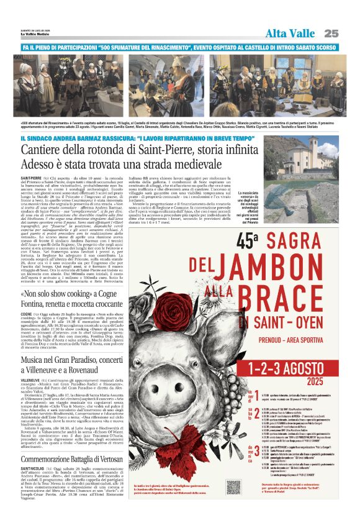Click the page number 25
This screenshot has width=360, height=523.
(331, 33)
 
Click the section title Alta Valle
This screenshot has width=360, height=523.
(290, 33)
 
